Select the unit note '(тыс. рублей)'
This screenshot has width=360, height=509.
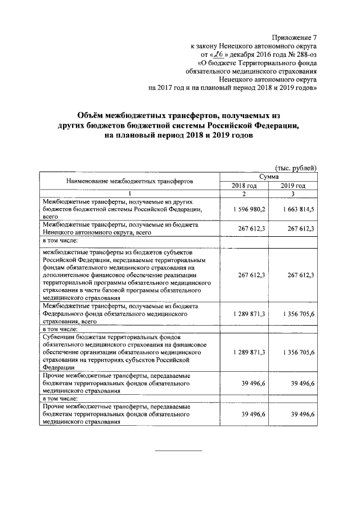coord(296,168)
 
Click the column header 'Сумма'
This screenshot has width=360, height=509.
coord(268,177)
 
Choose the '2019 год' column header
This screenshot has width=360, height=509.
coord(293,186)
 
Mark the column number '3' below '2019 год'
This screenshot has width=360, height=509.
coord(293,194)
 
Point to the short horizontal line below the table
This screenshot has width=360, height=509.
coord(178,451)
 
